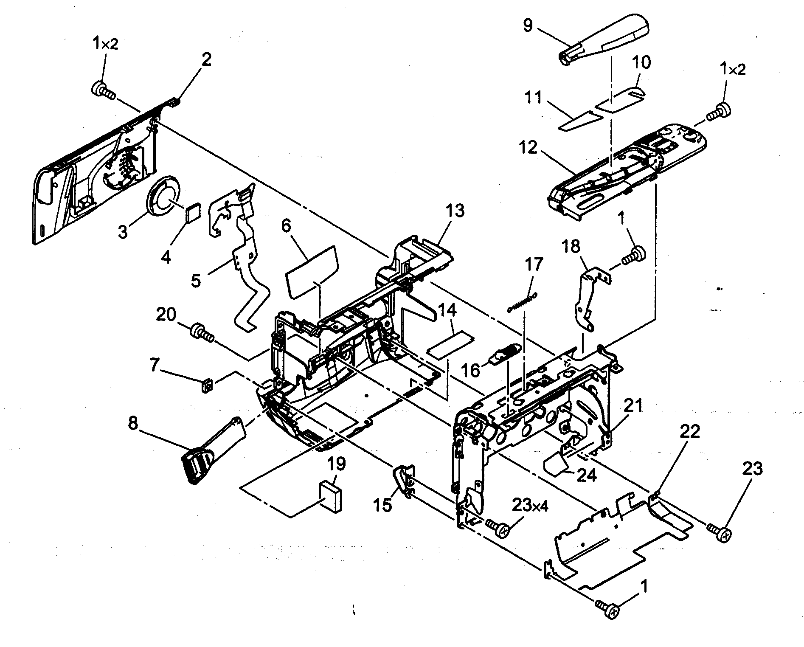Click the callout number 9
tap(527, 26)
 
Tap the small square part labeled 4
tap(193, 212)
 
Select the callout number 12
tap(528, 149)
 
